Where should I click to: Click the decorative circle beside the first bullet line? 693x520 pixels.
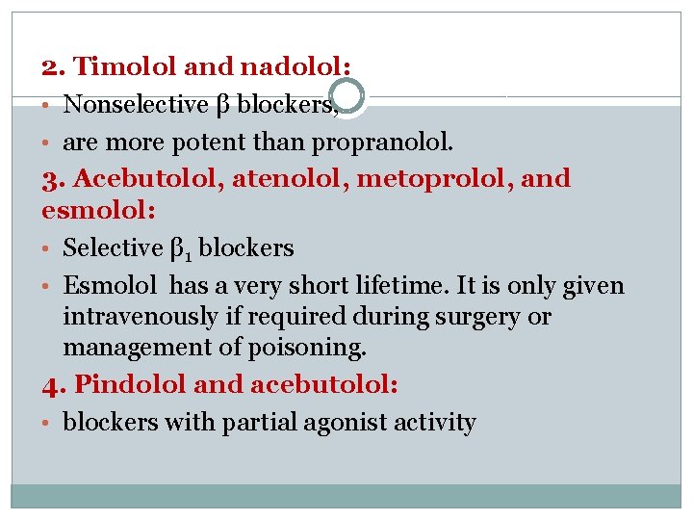[346, 97]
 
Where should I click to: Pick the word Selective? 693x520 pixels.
[113, 247]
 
